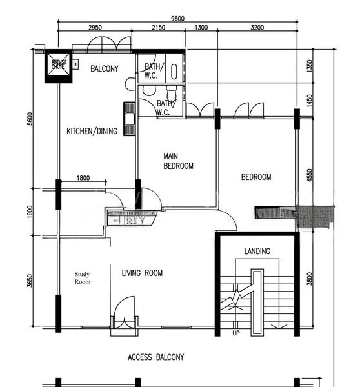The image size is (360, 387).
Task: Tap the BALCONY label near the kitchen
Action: click(x=104, y=69)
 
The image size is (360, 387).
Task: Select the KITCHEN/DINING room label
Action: click(x=92, y=132)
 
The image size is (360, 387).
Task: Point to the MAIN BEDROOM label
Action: click(x=178, y=161)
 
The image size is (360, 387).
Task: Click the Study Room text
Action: click(x=82, y=277)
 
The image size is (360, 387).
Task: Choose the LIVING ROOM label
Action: click(x=142, y=273)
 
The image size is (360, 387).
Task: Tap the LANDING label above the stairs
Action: click(x=257, y=251)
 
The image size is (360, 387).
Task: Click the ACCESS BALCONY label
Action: click(x=155, y=357)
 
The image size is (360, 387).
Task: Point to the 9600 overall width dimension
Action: click(x=176, y=19)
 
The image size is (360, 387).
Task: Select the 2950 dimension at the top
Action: click(x=95, y=28)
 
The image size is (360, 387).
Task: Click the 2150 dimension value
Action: click(x=158, y=28)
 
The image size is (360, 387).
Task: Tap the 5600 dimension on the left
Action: click(x=30, y=119)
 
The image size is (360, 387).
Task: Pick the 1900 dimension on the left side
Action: click(x=30, y=212)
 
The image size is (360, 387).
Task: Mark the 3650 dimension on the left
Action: click(x=30, y=281)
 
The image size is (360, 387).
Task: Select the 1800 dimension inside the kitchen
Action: click(x=83, y=178)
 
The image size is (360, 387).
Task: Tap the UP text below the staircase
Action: click(x=235, y=333)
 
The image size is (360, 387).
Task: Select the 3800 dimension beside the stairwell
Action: click(x=310, y=279)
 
